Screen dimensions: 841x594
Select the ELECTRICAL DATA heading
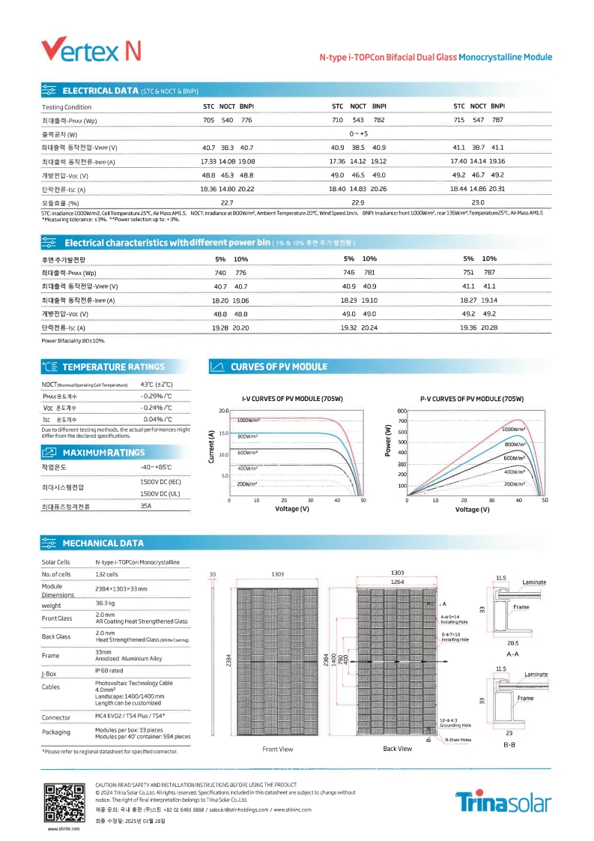tap(100, 91)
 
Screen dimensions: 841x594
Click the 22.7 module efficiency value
tap(227, 202)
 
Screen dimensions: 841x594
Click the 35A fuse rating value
tap(146, 507)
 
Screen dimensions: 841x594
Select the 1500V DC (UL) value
tap(160, 494)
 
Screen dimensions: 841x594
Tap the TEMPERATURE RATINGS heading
tap(113, 367)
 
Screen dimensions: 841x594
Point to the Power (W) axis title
tap(388, 441)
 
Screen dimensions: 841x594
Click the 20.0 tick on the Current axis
tap(223, 411)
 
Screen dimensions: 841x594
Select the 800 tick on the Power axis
tap(401, 411)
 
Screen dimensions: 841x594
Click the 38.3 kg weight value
tap(104, 603)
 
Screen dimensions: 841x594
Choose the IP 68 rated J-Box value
tap(109, 670)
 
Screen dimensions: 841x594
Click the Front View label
tap(278, 749)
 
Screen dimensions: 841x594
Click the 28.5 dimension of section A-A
tap(513, 642)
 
